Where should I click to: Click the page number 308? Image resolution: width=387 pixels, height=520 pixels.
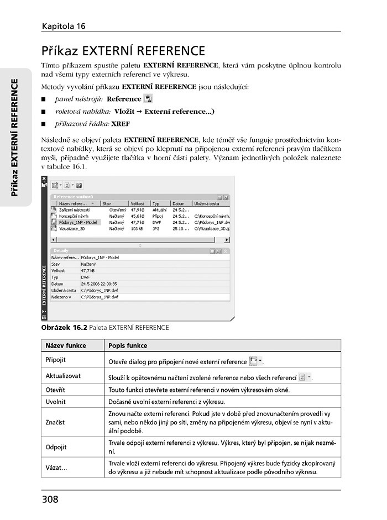coord(50,500)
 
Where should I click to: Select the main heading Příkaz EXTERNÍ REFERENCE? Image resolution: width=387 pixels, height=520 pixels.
coord(123,51)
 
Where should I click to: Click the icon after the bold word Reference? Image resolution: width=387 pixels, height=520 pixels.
coord(148,99)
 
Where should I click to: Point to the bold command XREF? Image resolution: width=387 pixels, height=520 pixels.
coord(121,124)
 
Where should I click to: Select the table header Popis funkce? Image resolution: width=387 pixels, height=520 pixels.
coord(128,345)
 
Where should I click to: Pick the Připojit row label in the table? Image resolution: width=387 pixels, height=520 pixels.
coord(55,360)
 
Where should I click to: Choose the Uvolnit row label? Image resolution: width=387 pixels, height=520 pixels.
coord(55,402)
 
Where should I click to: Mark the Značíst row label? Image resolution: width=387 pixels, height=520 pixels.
coord(55,422)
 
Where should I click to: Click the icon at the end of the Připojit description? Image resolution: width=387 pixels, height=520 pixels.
coord(255,361)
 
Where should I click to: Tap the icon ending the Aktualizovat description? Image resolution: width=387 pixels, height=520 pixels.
coord(305,377)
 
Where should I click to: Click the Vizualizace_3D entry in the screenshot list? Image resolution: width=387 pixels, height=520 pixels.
coord(72,228)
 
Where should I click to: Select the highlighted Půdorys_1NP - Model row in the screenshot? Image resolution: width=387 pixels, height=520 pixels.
coord(78,222)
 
